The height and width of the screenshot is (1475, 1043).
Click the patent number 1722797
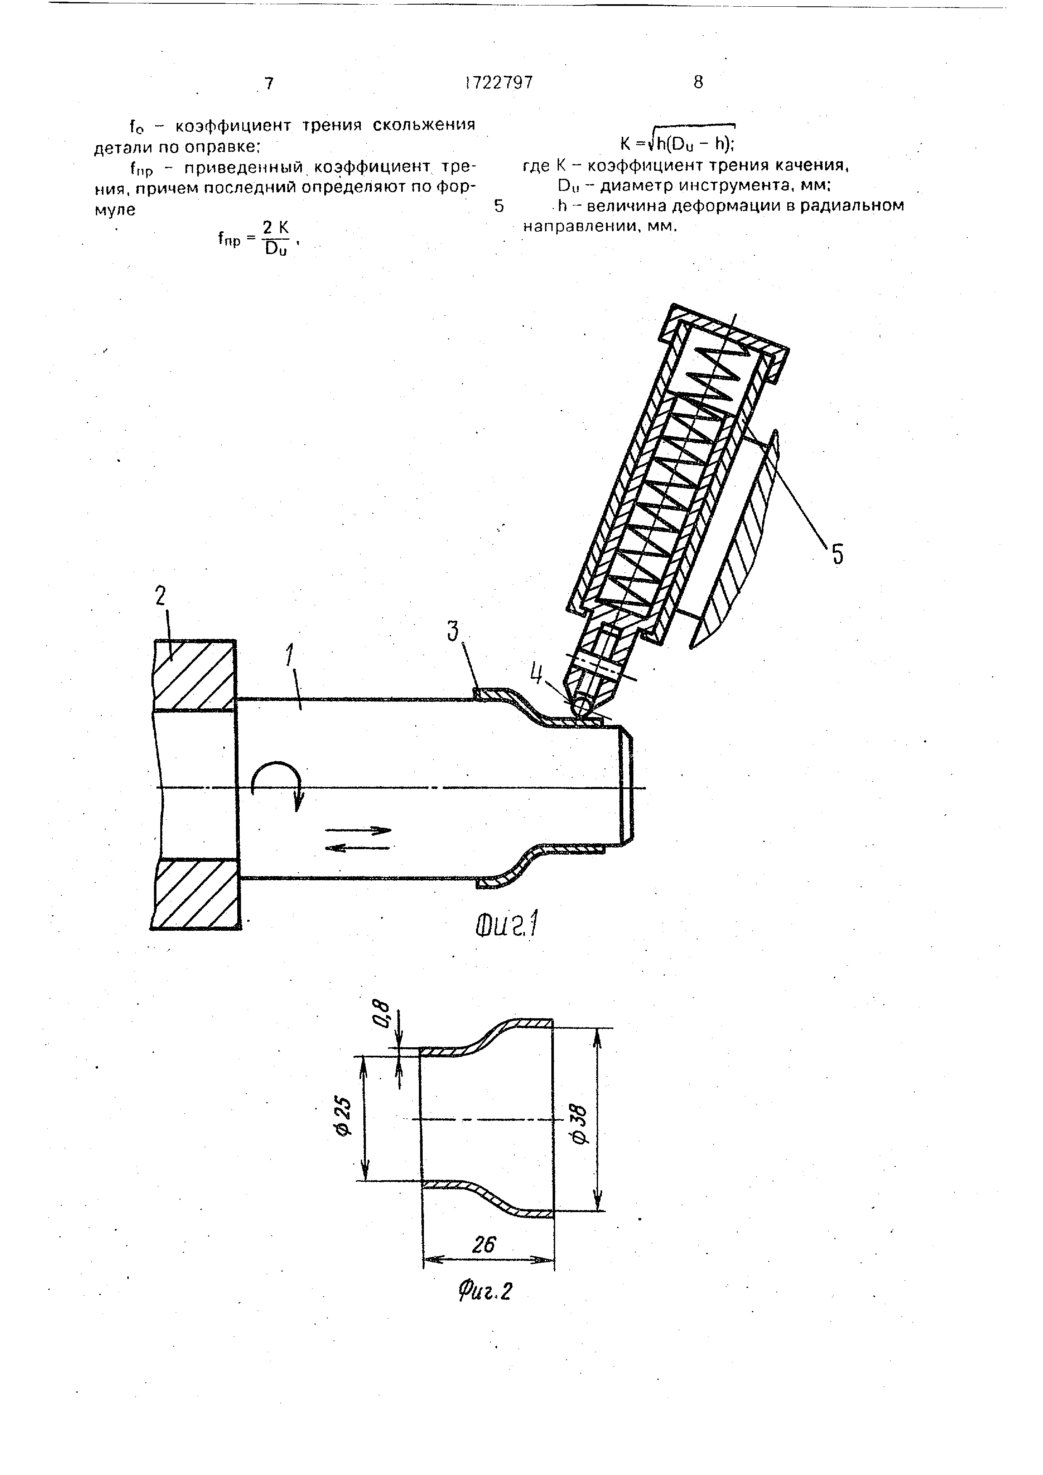(498, 82)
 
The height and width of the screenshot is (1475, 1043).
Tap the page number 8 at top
(699, 82)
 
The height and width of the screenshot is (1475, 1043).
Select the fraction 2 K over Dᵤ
(277, 238)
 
